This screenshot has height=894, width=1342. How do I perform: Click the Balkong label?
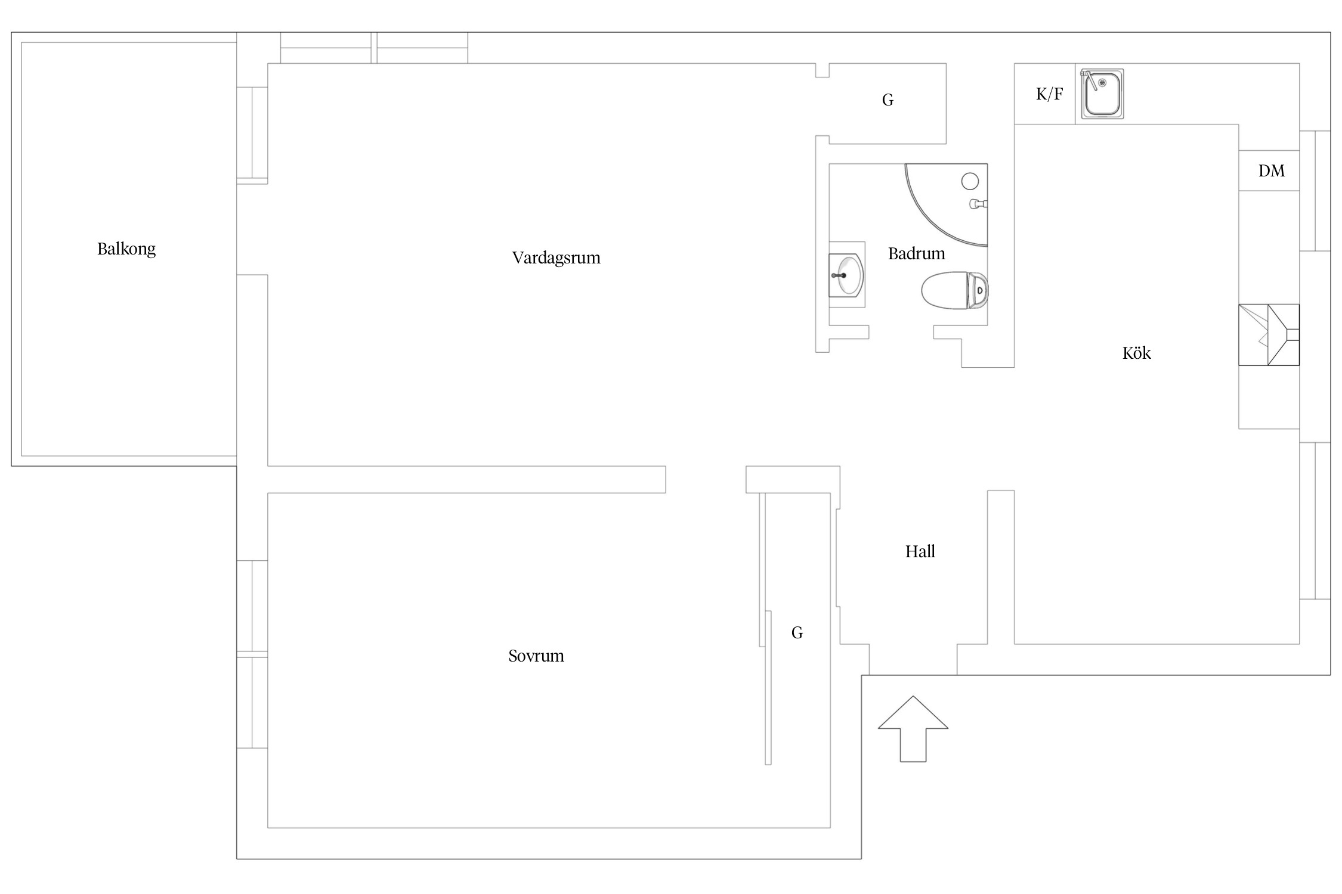[x=126, y=249]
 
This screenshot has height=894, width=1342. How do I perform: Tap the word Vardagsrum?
[x=556, y=258]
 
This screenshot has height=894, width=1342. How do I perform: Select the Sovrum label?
[x=536, y=656]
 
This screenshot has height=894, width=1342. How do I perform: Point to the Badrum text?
[x=916, y=254]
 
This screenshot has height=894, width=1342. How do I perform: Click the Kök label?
[x=1136, y=353]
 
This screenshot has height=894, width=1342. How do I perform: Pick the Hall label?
[x=920, y=552]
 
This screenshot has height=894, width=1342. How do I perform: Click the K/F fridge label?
[x=1049, y=94]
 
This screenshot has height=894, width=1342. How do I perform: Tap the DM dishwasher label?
[x=1271, y=171]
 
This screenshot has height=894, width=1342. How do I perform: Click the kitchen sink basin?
[x=1102, y=94]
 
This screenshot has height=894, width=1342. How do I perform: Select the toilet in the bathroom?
[x=954, y=290]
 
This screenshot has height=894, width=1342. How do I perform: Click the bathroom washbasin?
[x=846, y=275]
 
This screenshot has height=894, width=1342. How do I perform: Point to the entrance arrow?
[x=913, y=728]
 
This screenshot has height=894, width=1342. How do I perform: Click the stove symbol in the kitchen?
[x=1269, y=335]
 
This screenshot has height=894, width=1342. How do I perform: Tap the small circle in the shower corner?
[x=970, y=181]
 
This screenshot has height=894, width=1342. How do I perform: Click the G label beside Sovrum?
[x=797, y=633]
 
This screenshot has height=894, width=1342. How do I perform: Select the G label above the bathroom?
[x=888, y=100]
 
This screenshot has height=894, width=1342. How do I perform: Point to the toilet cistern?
[x=978, y=290]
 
